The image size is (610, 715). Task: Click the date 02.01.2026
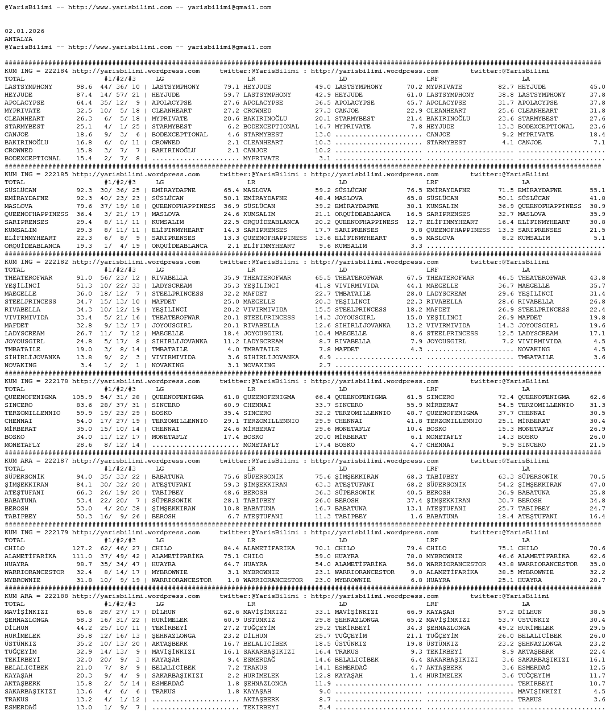[24, 31]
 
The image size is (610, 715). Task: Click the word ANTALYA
[19, 39]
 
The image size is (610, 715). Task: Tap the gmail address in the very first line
[229, 7]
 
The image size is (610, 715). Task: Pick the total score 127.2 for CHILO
[82, 548]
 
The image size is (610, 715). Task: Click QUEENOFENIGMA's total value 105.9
[82, 397]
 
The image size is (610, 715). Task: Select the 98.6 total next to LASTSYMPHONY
[84, 87]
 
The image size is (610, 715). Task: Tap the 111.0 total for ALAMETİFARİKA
[82, 556]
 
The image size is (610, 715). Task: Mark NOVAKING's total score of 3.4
[86, 365]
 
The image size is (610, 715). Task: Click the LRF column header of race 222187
[432, 469]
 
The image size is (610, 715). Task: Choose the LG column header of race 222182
[160, 270]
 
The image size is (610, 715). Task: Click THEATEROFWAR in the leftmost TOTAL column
[28, 278]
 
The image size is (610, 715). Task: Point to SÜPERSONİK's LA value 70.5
[597, 477]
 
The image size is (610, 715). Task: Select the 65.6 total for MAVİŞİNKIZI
[84, 612]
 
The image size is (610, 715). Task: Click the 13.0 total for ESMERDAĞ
[84, 708]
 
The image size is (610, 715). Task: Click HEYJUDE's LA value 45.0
[597, 87]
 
